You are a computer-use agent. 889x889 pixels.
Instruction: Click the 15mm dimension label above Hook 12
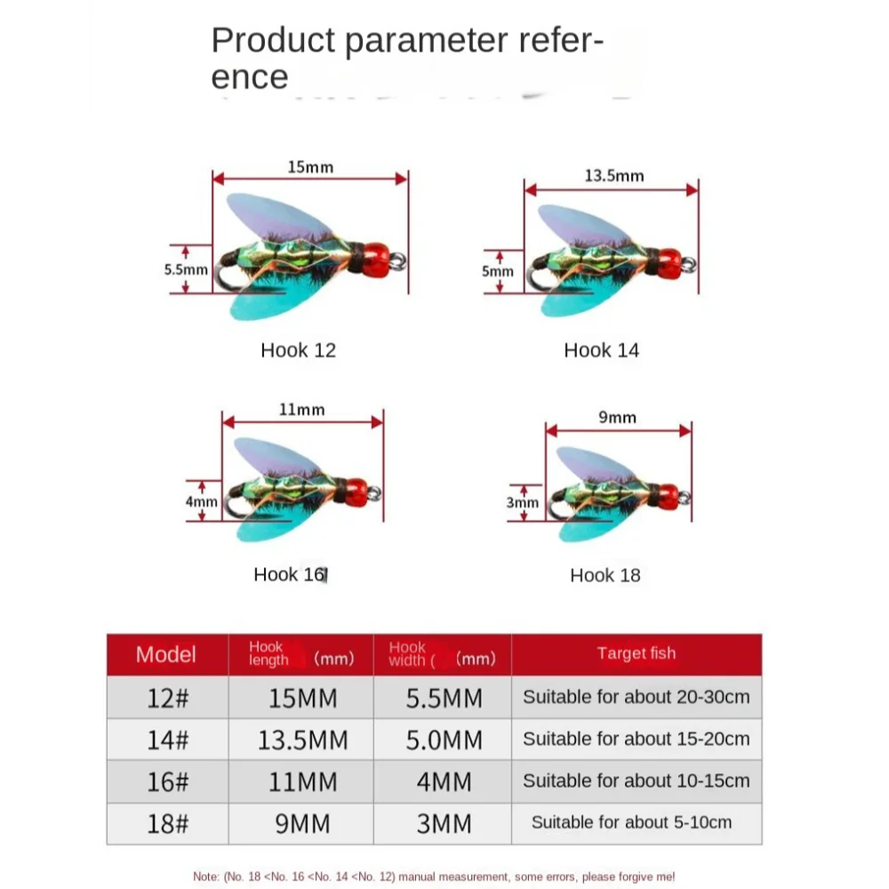(310, 167)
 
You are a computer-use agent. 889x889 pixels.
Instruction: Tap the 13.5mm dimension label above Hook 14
(614, 176)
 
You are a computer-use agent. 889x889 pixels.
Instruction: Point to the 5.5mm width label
(186, 269)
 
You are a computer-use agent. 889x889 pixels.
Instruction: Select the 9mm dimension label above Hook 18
(618, 417)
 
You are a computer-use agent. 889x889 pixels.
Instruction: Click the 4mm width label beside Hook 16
(202, 501)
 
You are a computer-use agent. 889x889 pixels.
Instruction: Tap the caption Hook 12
(298, 349)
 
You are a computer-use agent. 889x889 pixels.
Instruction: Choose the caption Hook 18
(605, 575)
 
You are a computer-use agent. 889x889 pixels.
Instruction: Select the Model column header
(165, 654)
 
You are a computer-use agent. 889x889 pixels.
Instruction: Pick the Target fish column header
(637, 653)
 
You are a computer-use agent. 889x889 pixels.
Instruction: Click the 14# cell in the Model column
(167, 740)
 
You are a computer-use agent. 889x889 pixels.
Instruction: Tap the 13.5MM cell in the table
(302, 740)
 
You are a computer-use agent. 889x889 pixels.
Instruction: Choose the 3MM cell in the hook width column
(444, 824)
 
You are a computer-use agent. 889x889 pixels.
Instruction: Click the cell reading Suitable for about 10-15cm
(637, 781)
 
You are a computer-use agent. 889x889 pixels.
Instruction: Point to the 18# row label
(167, 824)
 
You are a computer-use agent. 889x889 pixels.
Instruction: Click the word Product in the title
(273, 41)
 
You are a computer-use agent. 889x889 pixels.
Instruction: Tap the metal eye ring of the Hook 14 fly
(689, 264)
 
